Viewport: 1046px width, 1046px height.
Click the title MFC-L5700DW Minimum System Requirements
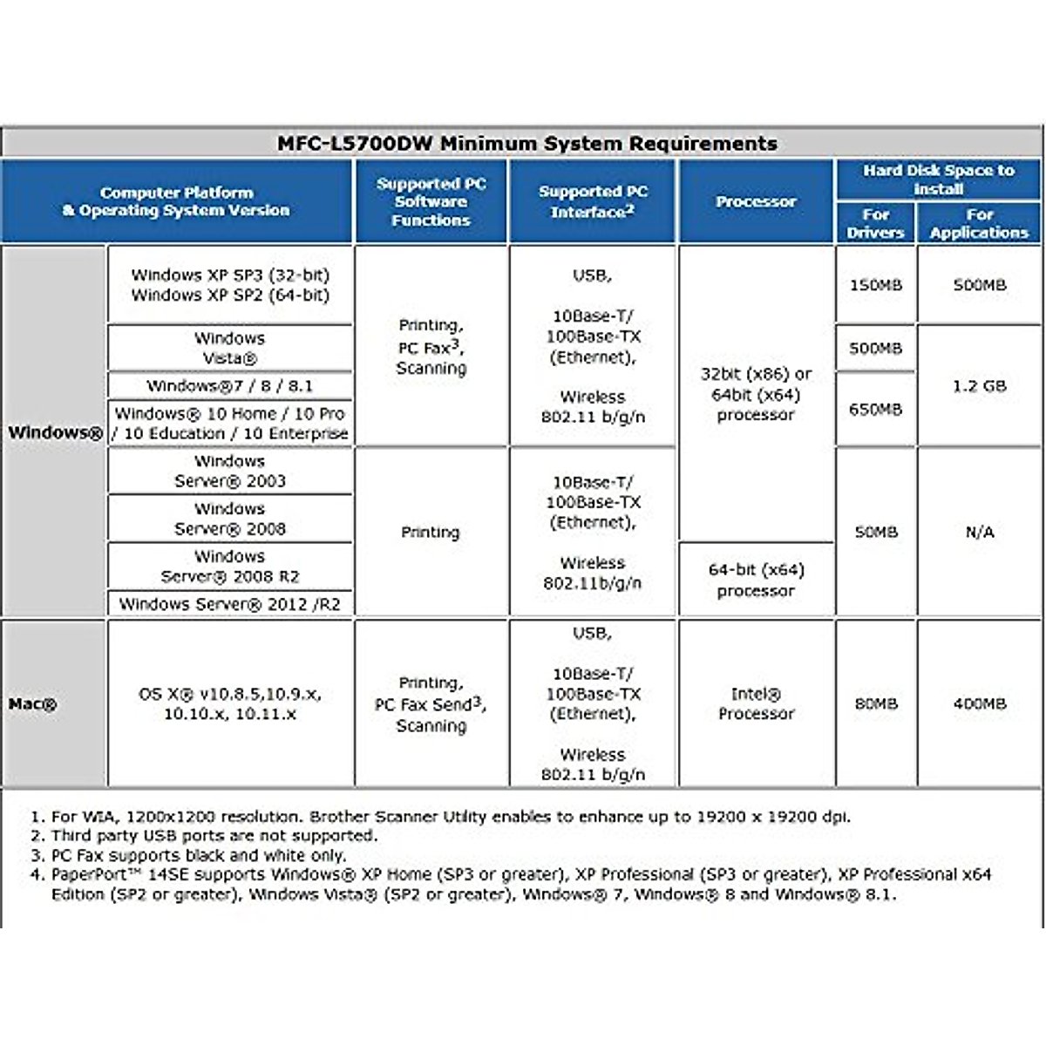pos(526,143)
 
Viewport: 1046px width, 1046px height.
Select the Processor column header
pos(756,201)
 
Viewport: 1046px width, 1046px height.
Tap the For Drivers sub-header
pos(875,223)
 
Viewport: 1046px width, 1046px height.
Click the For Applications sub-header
pos(979,223)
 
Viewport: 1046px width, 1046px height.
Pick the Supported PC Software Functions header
pos(431,201)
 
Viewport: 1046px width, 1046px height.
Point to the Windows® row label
pos(55,432)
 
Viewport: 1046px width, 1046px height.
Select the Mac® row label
pos(33,703)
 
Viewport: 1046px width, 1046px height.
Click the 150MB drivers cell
pos(875,285)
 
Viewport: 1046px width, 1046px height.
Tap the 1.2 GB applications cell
pos(979,385)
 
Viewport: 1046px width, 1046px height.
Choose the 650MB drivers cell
pos(875,409)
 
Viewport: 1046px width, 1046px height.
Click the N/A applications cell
pos(979,532)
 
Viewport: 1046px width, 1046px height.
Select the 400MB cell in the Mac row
pos(979,703)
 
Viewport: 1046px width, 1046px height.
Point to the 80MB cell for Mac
pos(875,703)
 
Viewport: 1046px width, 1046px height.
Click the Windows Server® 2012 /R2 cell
pos(230,603)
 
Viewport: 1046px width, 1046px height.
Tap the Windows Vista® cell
pos(230,348)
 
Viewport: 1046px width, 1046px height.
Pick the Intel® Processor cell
pos(756,703)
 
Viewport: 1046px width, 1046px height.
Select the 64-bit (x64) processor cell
pos(756,580)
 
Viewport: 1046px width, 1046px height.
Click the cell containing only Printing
pos(431,532)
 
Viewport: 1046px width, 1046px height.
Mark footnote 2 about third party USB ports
pos(214,836)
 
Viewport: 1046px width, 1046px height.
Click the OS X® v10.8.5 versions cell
pos(230,703)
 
